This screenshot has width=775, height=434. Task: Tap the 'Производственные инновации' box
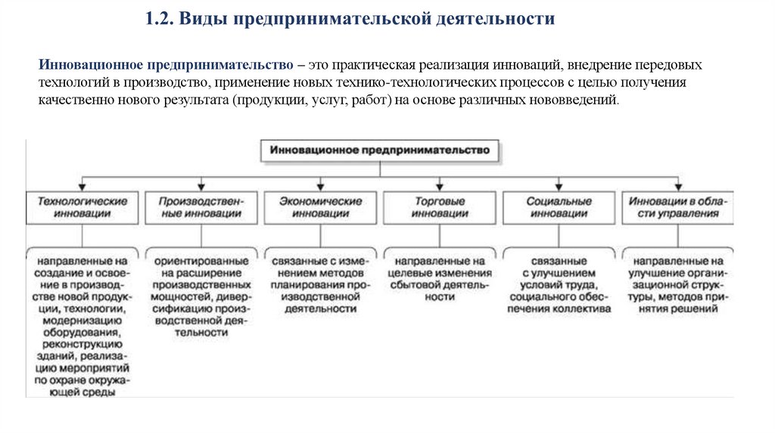(x=201, y=207)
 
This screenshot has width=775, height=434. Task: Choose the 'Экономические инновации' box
(x=320, y=207)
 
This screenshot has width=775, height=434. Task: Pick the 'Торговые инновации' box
(x=440, y=207)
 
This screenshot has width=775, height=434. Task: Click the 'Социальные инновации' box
(x=559, y=207)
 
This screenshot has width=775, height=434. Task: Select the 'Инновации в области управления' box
(x=678, y=207)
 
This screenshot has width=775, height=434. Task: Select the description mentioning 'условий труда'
(x=559, y=284)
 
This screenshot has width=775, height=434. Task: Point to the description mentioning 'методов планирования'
(x=320, y=284)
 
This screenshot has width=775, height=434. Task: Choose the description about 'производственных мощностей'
(x=201, y=296)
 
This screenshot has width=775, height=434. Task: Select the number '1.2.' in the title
(x=161, y=19)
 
